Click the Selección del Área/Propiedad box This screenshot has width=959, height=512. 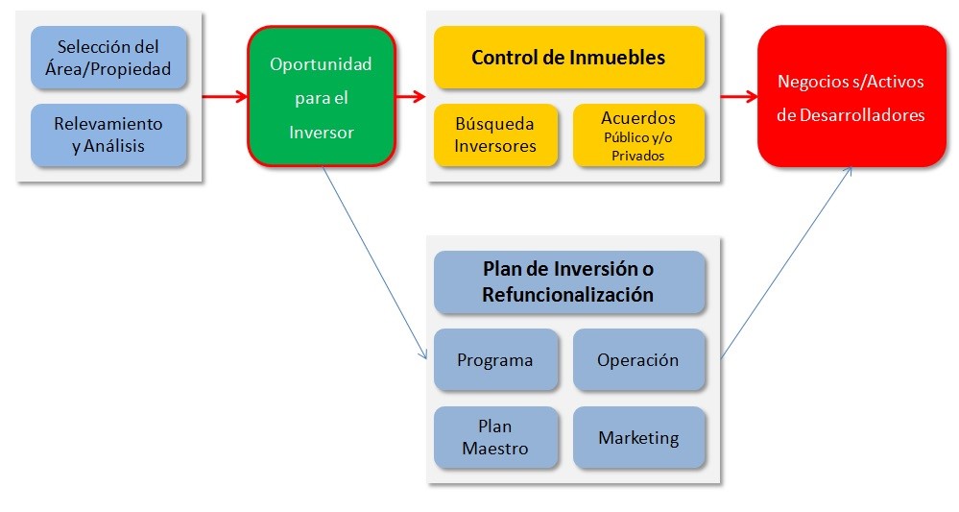pyautogui.click(x=108, y=58)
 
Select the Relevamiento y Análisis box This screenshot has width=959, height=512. pyautogui.click(x=108, y=135)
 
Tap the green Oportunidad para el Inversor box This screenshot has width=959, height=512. pyautogui.click(x=322, y=96)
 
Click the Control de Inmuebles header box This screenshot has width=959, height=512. pyautogui.click(x=569, y=58)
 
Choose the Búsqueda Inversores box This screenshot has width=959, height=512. pyautogui.click(x=496, y=135)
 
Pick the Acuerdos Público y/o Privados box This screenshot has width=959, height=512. pyautogui.click(x=639, y=135)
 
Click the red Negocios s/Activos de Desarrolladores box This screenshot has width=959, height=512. pyautogui.click(x=851, y=96)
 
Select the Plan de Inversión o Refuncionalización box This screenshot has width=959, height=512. pyautogui.click(x=569, y=282)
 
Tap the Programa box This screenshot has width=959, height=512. pyautogui.click(x=496, y=359)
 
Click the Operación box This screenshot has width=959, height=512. pyautogui.click(x=639, y=359)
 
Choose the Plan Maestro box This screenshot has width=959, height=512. pyautogui.click(x=496, y=437)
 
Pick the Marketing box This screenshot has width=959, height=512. pyautogui.click(x=639, y=437)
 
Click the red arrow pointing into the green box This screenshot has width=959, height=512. pyautogui.click(x=225, y=96)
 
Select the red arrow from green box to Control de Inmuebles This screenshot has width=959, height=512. pyautogui.click(x=411, y=96)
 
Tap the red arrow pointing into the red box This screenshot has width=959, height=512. pyautogui.click(x=739, y=96)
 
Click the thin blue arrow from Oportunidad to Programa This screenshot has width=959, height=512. pyautogui.click(x=374, y=263)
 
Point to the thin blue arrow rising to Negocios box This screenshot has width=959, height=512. pyautogui.click(x=786, y=262)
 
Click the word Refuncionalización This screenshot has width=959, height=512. pyautogui.click(x=567, y=295)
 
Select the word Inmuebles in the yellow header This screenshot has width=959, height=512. pyautogui.click(x=616, y=58)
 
